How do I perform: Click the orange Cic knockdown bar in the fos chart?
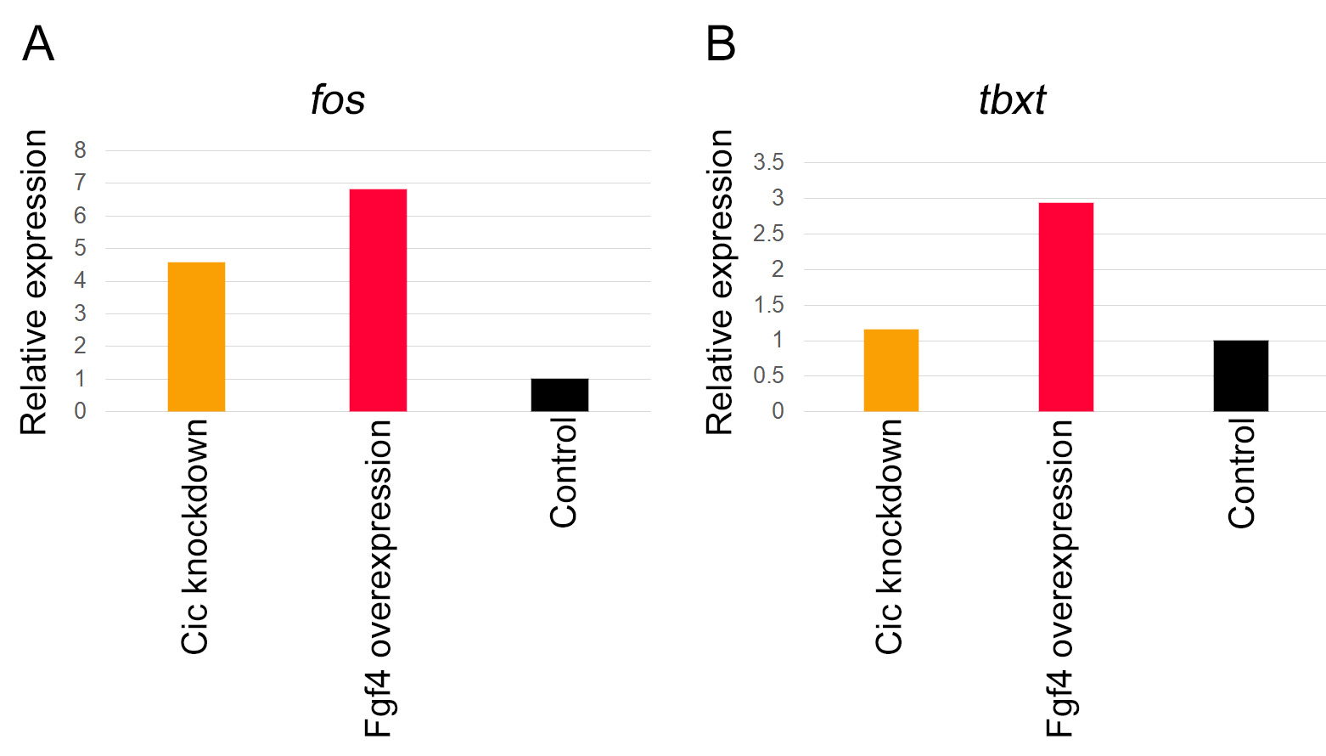(196, 337)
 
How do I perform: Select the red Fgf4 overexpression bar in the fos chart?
(378, 300)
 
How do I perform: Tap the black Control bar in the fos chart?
(559, 395)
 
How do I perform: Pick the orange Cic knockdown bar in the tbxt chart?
(891, 370)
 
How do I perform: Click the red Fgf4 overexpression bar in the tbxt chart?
(1065, 307)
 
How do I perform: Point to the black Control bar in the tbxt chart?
(1240, 375)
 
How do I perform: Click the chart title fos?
(337, 100)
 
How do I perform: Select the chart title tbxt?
(1012, 100)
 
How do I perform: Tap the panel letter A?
(38, 44)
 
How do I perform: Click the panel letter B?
(721, 44)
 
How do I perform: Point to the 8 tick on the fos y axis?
(80, 150)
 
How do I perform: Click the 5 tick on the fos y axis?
(80, 248)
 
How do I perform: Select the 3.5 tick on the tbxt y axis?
(768, 162)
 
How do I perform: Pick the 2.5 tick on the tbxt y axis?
(768, 234)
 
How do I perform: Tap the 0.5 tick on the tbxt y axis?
(768, 375)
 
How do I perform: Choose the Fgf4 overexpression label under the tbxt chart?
(1060, 578)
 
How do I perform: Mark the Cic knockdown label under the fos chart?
(195, 536)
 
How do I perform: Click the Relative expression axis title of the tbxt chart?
(720, 282)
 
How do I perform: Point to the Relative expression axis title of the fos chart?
(34, 282)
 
